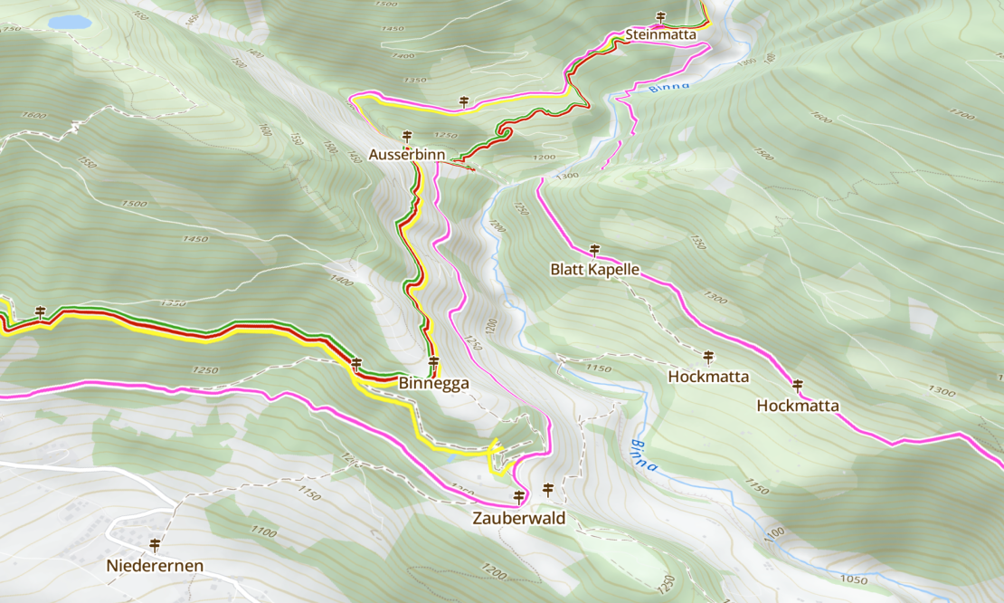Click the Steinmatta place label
tap(660, 35)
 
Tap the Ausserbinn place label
tap(406, 155)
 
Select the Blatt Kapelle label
tap(594, 269)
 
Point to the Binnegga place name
tap(433, 383)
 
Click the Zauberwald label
tap(518, 519)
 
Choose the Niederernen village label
tap(155, 566)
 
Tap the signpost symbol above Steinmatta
tap(660, 17)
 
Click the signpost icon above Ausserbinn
tap(406, 136)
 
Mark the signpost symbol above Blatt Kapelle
tap(594, 250)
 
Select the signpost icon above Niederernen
tap(155, 545)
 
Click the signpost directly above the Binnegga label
tap(433, 363)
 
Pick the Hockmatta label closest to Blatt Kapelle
tap(708, 376)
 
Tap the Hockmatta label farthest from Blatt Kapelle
tap(798, 406)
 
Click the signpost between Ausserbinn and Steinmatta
tap(464, 101)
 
